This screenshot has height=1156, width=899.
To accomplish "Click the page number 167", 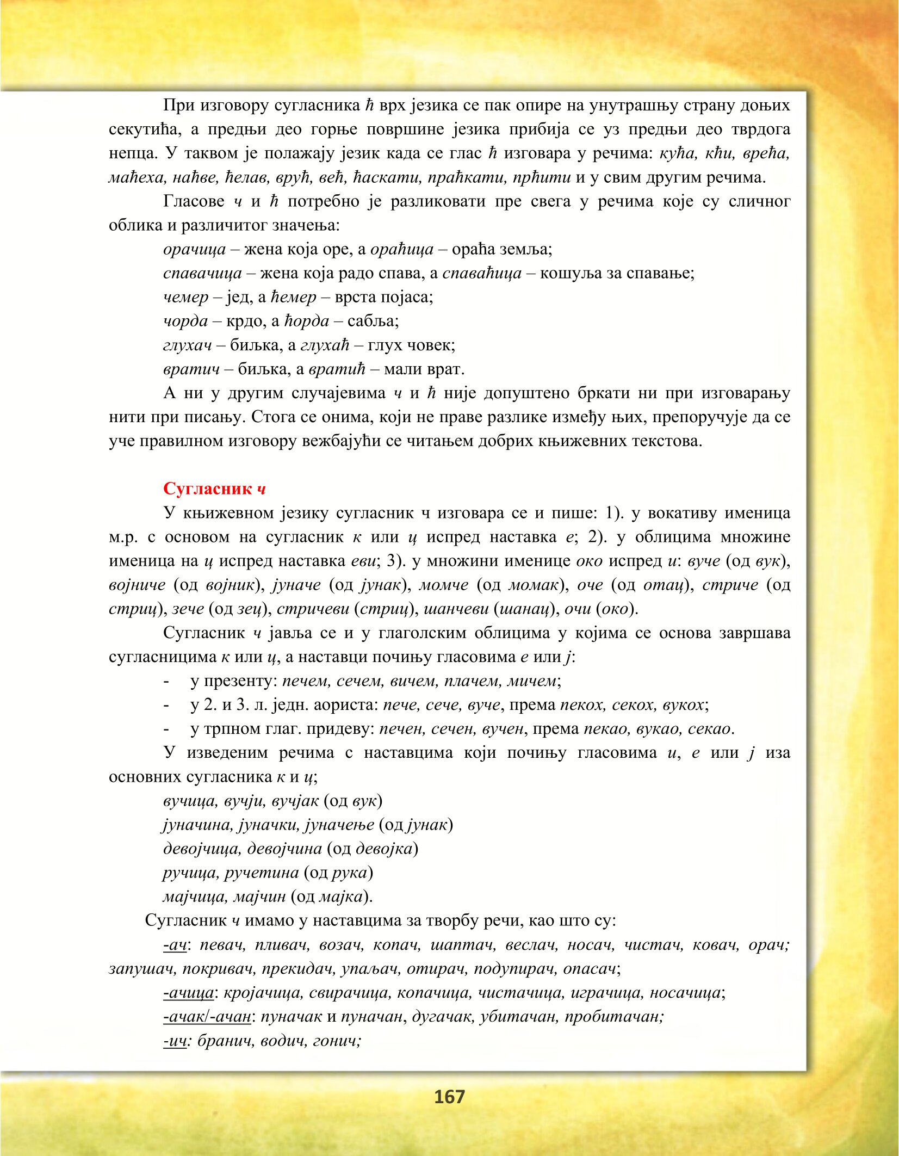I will pos(449,1097).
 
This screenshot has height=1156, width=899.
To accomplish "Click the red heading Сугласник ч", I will pos(214,489).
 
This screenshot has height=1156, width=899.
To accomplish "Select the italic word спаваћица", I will pos(482,273).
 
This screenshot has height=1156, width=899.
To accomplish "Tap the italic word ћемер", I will pos(293,297).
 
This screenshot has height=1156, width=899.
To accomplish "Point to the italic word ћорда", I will pos(307,321).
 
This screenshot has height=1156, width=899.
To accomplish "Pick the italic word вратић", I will pos(337,369).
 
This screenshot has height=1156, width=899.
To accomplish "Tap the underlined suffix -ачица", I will pos(189,993).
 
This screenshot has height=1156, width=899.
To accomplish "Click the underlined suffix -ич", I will pos(175,1041).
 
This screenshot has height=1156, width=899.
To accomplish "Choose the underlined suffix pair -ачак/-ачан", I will pos(207,1017).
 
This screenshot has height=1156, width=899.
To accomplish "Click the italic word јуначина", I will pos(199,825).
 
